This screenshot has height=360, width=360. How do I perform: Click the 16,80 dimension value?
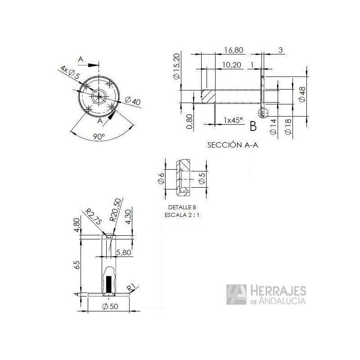tap(233, 50)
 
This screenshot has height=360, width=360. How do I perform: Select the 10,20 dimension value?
tap(232, 65)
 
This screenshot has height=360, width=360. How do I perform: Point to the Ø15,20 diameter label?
tap(177, 67)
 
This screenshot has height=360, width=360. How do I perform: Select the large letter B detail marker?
tap(253, 126)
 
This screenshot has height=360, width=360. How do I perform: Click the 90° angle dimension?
tap(99, 137)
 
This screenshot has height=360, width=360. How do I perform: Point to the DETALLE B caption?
tap(182, 207)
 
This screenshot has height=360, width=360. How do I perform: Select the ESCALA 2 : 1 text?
tap(182, 215)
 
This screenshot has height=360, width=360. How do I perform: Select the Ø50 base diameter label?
tap(110, 307)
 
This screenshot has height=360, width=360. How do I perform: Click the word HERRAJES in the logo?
tap(278, 291)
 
